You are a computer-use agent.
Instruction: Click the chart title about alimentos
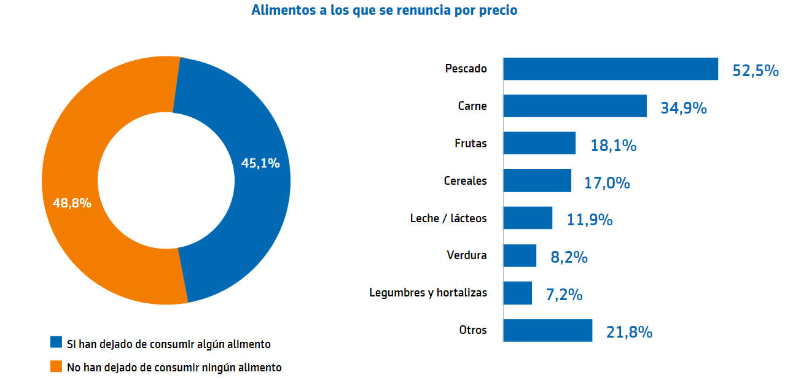(384, 10)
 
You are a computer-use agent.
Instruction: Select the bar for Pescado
(610, 69)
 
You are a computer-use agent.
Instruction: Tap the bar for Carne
(574, 106)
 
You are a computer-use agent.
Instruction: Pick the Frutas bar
(539, 143)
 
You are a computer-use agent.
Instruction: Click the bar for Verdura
(519, 255)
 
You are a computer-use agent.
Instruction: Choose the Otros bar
(547, 330)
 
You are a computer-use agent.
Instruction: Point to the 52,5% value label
(756, 71)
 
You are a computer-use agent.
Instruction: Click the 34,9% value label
(683, 108)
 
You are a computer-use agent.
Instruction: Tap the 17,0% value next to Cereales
(607, 182)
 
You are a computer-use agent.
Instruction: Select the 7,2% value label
(564, 295)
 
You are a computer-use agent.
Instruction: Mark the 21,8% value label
(628, 332)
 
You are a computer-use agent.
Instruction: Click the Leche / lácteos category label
(448, 218)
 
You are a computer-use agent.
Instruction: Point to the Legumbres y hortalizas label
(428, 293)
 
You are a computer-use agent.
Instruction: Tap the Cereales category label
(465, 181)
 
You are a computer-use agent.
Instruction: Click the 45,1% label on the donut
(260, 163)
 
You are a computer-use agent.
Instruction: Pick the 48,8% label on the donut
(72, 203)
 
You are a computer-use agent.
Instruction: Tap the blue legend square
(57, 342)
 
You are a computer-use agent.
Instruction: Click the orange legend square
(57, 366)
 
